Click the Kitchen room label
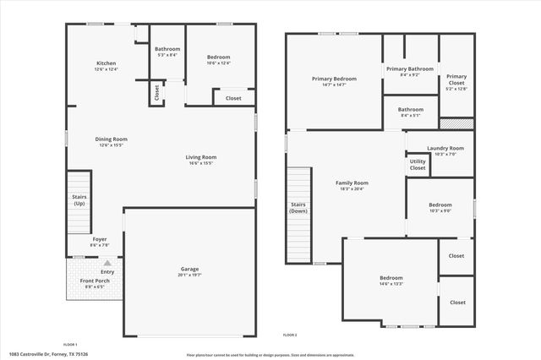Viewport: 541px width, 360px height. click(x=106, y=63)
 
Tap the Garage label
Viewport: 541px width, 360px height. click(x=189, y=269)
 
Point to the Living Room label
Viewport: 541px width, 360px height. click(x=201, y=157)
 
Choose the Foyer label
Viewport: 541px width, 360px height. click(x=100, y=239)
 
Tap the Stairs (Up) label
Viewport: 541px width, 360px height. click(x=79, y=199)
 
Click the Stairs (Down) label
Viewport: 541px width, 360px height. click(x=298, y=207)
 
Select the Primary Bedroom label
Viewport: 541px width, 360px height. click(x=334, y=79)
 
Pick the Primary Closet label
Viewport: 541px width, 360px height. click(x=456, y=79)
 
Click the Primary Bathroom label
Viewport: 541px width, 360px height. click(x=410, y=68)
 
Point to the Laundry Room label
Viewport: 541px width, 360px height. click(x=445, y=148)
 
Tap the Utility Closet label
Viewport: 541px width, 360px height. click(x=418, y=164)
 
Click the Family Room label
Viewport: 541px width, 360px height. click(x=352, y=183)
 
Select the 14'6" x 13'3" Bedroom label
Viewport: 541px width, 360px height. click(x=391, y=277)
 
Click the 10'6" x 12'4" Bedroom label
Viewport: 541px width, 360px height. click(x=219, y=57)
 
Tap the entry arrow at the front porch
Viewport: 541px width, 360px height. click(x=107, y=263)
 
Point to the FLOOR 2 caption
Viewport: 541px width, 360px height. click(x=290, y=335)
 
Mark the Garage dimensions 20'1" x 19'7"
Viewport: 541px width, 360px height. click(x=189, y=275)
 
